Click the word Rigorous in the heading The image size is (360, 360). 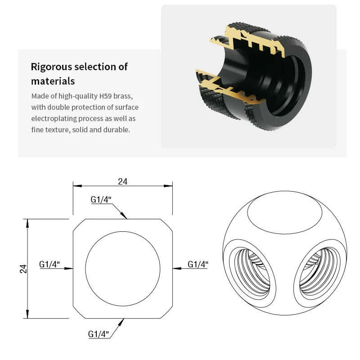click(51, 67)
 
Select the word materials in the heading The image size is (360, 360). click(53, 81)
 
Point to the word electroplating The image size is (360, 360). click(52, 118)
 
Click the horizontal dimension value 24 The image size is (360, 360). click(123, 181)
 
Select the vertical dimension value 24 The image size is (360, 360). click(24, 269)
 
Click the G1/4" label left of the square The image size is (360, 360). click(49, 264)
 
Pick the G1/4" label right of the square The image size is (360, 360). click(198, 264)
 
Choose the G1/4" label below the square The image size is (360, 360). click(99, 334)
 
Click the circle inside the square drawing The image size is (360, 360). click(123, 268)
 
